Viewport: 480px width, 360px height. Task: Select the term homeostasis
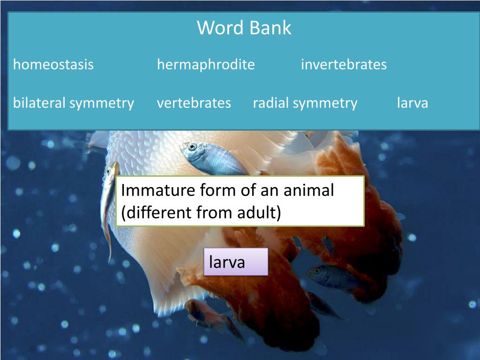pyautogui.click(x=53, y=65)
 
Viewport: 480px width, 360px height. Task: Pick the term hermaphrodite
pyautogui.click(x=206, y=65)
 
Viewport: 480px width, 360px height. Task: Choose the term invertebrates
pyautogui.click(x=344, y=65)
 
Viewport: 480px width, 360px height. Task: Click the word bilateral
pyautogui.click(x=39, y=103)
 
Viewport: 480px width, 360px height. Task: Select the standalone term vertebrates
pyautogui.click(x=194, y=103)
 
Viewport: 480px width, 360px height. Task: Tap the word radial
pyautogui.click(x=271, y=103)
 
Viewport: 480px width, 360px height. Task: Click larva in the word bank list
pyautogui.click(x=412, y=103)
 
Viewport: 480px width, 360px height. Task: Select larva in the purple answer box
pyautogui.click(x=227, y=262)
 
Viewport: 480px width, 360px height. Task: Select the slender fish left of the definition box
pyautogui.click(x=109, y=206)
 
